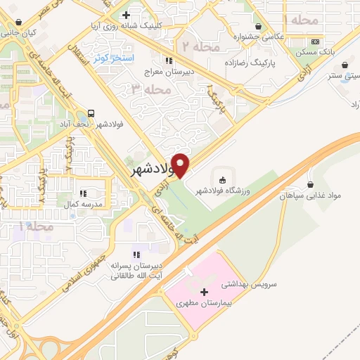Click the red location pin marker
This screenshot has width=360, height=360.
181,165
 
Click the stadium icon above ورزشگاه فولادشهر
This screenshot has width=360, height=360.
223,179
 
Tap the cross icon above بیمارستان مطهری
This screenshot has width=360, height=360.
205,291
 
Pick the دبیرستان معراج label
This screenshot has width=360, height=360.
169,70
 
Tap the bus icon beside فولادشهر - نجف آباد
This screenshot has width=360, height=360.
92,112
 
